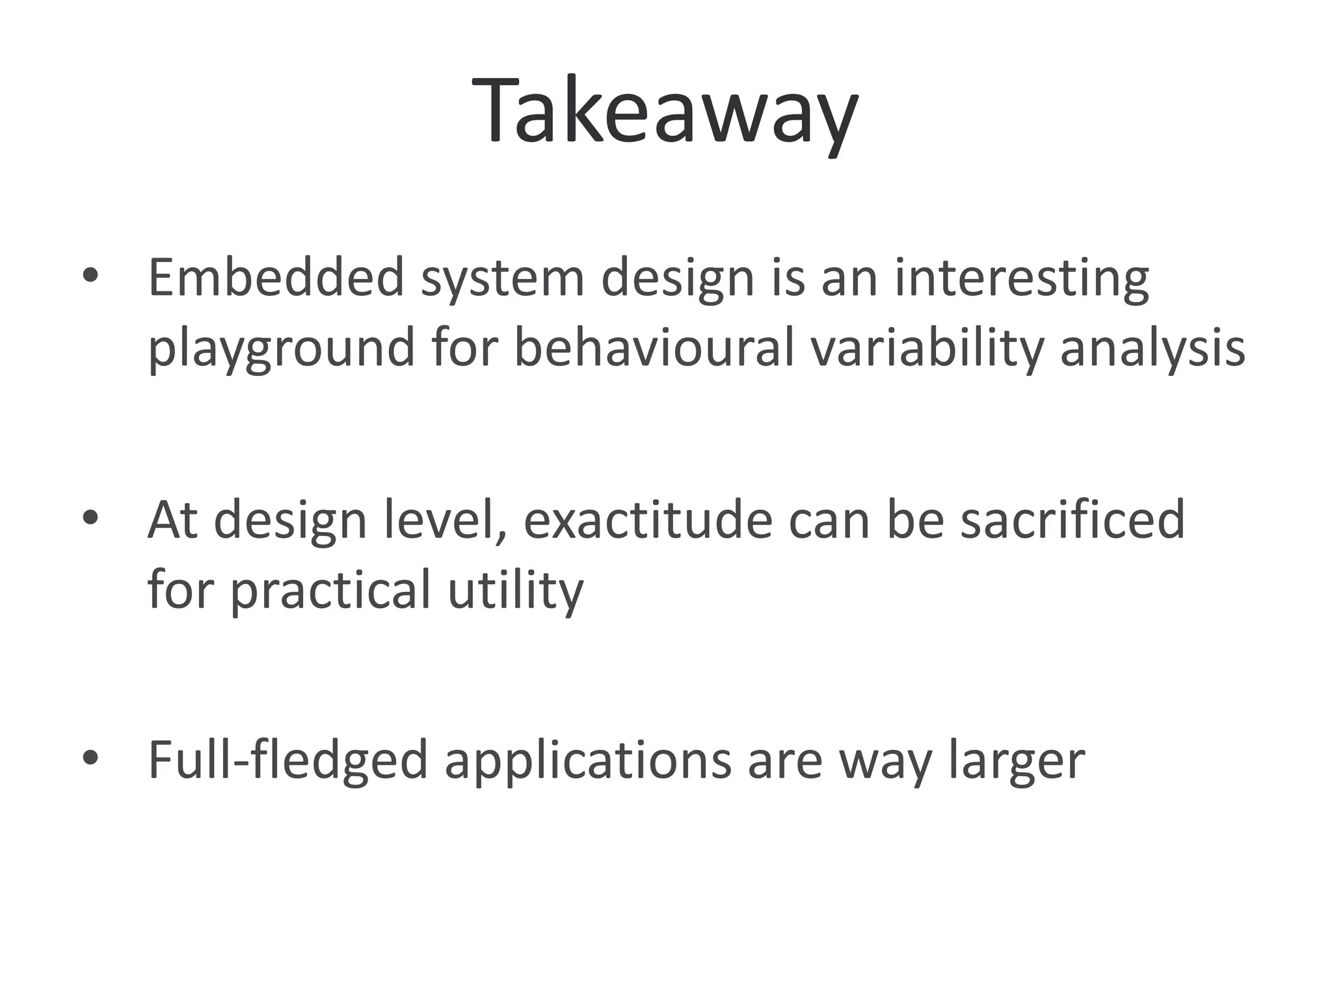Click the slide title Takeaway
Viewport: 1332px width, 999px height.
pos(665,112)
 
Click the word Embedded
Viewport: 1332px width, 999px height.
pos(276,278)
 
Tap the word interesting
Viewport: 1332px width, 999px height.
pos(1022,278)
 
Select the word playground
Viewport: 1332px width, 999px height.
pos(281,348)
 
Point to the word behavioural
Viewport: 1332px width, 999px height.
pos(654,347)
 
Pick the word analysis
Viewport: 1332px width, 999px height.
pos(1152,348)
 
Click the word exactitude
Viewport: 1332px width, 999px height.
pos(647,520)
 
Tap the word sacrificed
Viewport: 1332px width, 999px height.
pos(1072,520)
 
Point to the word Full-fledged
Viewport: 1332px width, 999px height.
pos(288,760)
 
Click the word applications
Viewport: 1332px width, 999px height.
pos(588,760)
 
